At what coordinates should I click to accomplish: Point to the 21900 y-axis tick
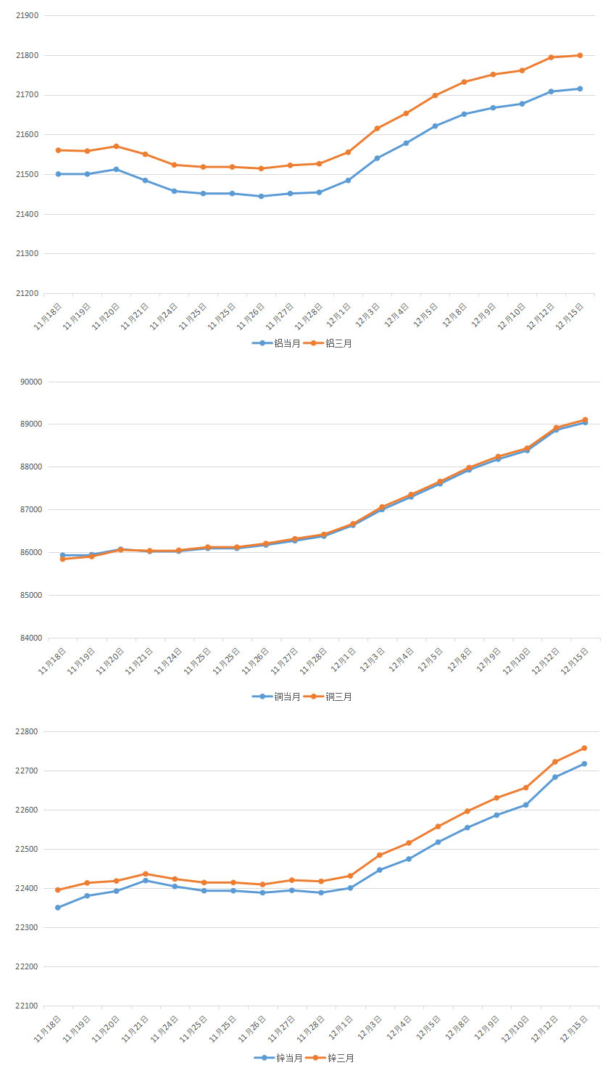[x=27, y=15]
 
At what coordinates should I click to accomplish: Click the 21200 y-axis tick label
[x=27, y=293]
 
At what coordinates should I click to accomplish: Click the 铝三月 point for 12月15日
[x=580, y=55]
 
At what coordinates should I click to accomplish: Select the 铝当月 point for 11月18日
[x=58, y=174]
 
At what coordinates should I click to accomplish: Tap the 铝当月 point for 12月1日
[x=348, y=180]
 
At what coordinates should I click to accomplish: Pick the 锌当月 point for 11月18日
[x=58, y=908]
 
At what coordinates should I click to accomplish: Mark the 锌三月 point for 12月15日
[x=584, y=748]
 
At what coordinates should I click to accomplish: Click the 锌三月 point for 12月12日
[x=555, y=762]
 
